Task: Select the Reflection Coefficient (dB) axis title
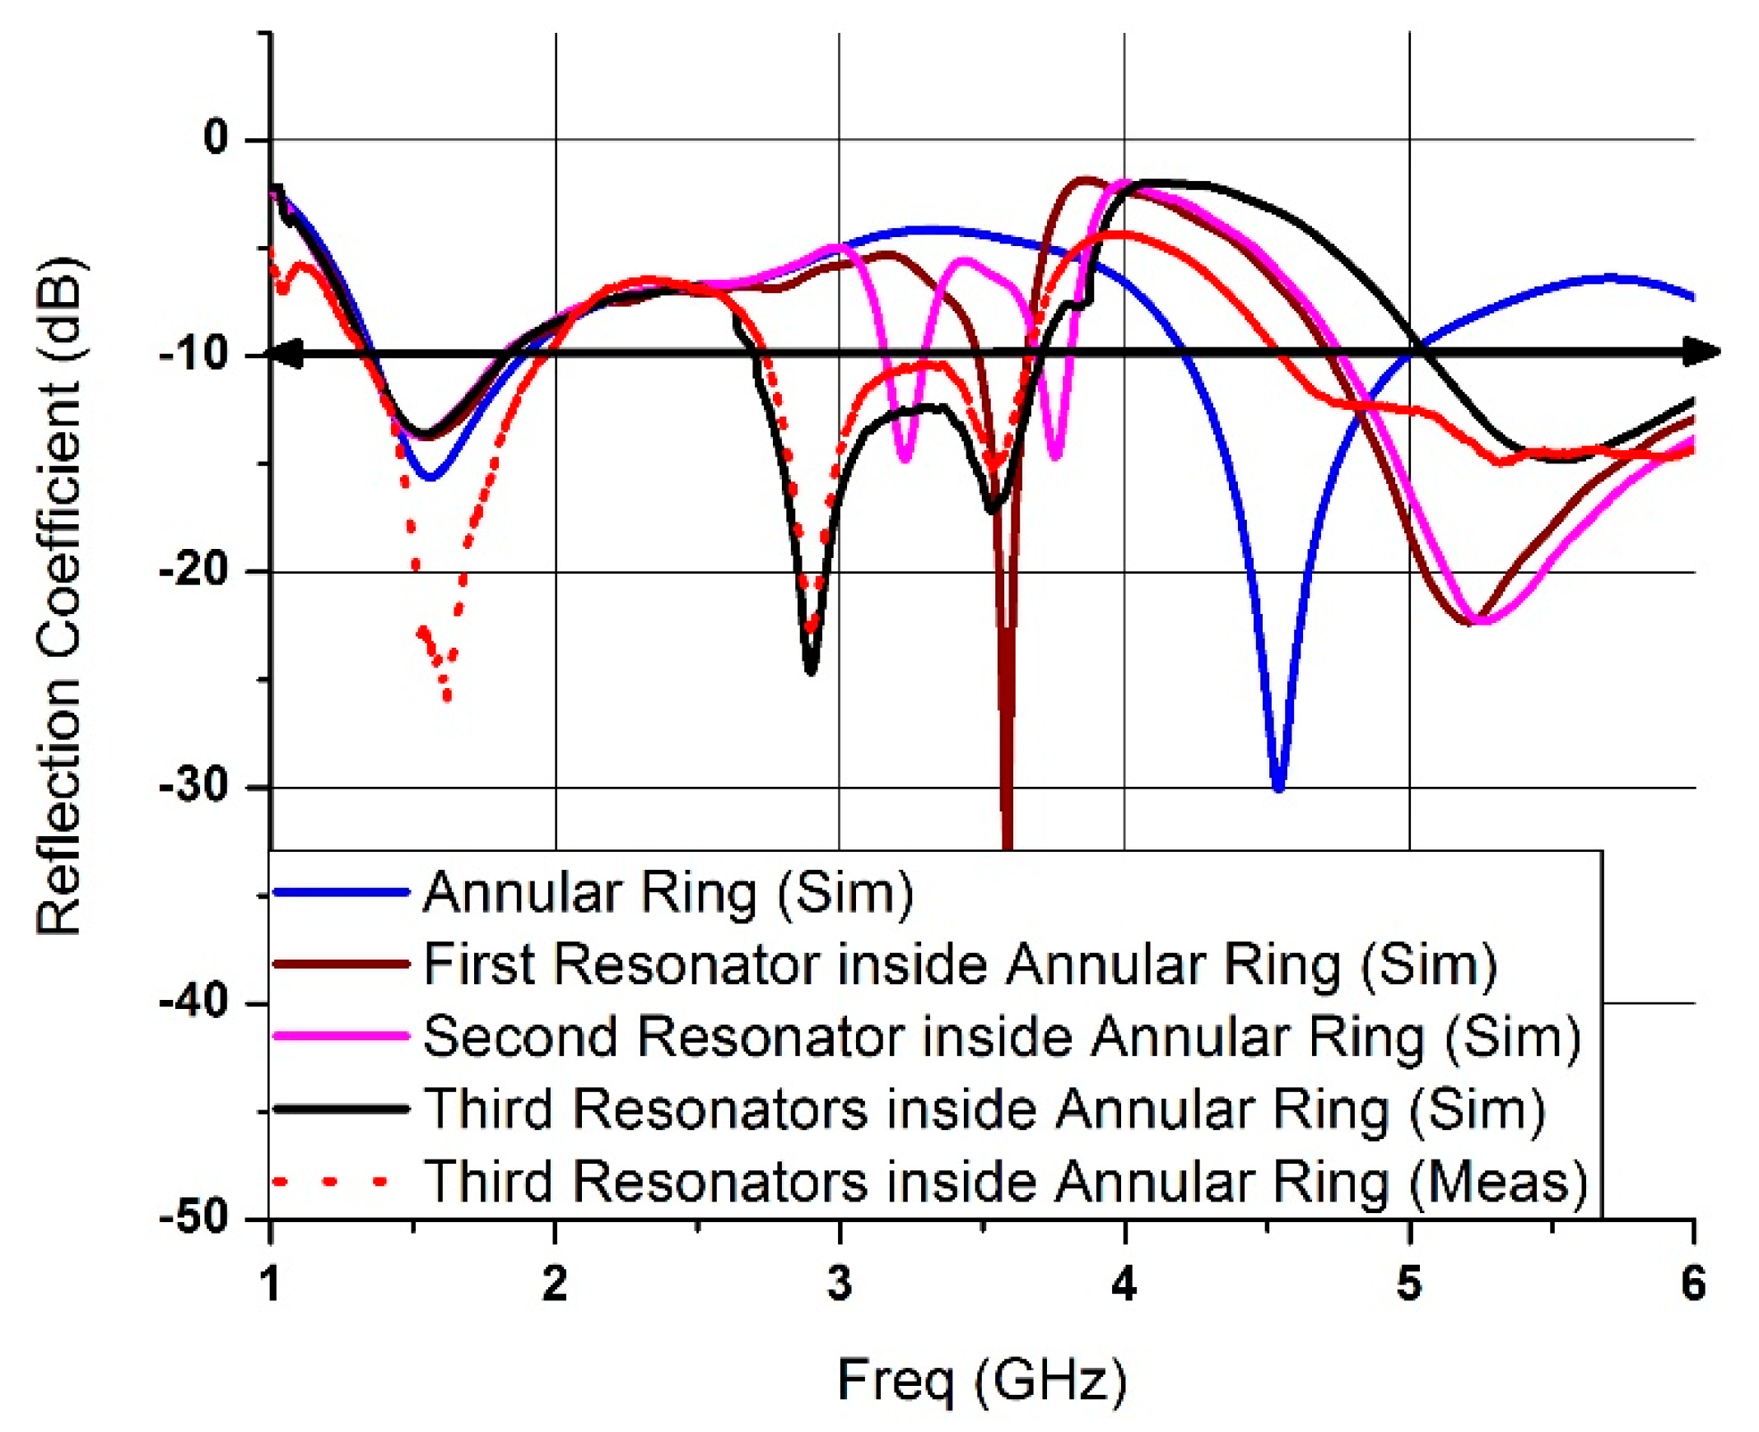point(59,594)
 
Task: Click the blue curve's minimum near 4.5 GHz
point(1278,788)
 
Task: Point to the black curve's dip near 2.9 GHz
point(810,670)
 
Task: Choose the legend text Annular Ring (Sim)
point(668,892)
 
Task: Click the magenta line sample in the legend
point(341,1036)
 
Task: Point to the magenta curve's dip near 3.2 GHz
point(905,458)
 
